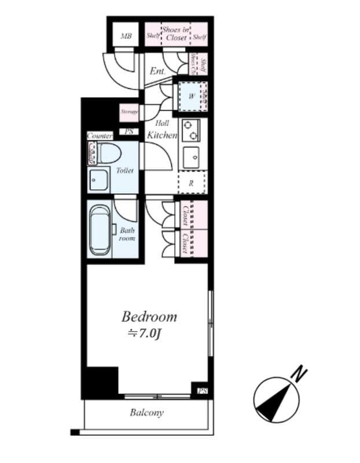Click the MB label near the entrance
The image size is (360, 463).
(126, 36)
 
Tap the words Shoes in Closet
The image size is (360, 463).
(175, 34)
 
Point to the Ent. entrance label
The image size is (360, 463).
(157, 71)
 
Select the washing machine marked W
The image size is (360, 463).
(192, 96)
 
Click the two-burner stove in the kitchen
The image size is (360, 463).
(190, 130)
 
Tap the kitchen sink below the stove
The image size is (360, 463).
(191, 156)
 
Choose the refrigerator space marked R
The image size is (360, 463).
(192, 182)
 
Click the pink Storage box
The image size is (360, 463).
(129, 111)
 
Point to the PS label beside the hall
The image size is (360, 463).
(129, 132)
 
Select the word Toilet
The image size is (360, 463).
(124, 171)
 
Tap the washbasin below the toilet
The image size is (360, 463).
(100, 181)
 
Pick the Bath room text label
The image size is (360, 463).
(127, 234)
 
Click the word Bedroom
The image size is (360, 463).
(149, 317)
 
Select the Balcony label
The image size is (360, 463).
(146, 413)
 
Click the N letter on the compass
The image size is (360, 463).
(299, 373)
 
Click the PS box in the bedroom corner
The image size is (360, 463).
(203, 392)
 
